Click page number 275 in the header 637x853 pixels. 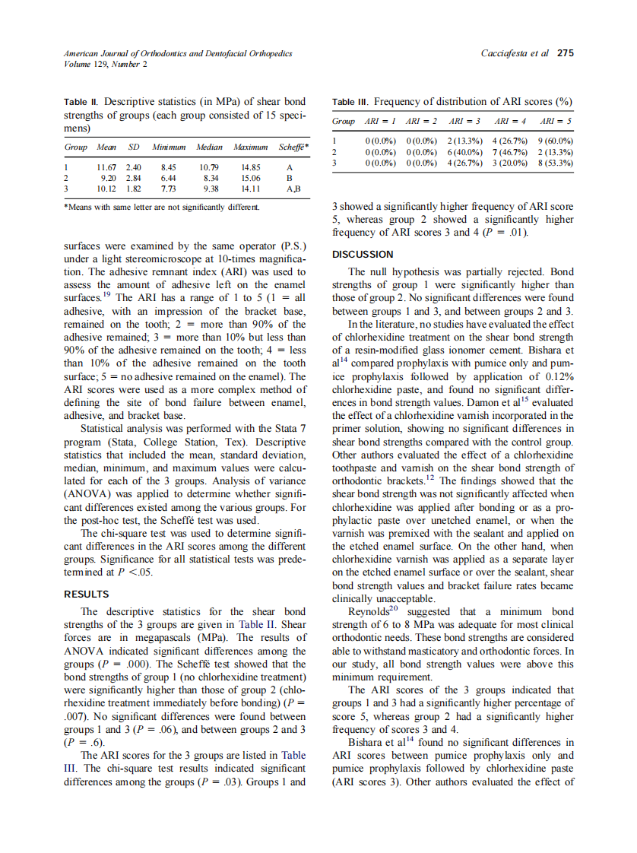565,53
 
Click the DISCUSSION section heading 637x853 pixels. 363,255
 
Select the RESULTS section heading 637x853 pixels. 86,594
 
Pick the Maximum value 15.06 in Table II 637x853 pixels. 250,177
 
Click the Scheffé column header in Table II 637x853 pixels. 293,147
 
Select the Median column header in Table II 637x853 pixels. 209,147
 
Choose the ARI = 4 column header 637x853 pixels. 511,122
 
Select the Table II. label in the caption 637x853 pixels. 82,102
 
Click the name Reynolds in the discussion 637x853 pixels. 368,611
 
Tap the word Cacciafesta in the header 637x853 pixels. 507,53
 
